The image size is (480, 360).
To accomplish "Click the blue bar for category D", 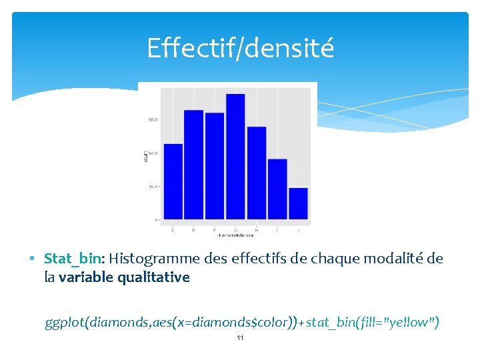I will pyautogui.click(x=173, y=181).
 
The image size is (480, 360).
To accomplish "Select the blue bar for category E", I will pyautogui.click(x=193, y=165).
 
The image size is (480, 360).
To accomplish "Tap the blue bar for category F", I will pyautogui.click(x=215, y=166).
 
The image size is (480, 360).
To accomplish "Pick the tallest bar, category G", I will pyautogui.click(x=235, y=157).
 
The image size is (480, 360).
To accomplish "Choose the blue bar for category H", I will pyautogui.click(x=257, y=173).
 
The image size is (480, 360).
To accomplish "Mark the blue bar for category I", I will pyautogui.click(x=277, y=189).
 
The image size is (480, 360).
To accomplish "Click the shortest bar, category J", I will pyautogui.click(x=299, y=203).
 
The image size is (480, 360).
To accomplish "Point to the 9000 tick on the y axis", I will pyautogui.click(x=153, y=120).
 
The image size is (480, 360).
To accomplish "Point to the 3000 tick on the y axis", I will pyautogui.click(x=153, y=187).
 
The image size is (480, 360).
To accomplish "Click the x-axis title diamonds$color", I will pyautogui.click(x=235, y=235).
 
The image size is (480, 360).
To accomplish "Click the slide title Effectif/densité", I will pyautogui.click(x=240, y=48).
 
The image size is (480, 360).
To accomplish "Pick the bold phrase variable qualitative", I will pyautogui.click(x=124, y=277).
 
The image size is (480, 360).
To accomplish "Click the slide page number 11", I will pyautogui.click(x=240, y=338).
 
